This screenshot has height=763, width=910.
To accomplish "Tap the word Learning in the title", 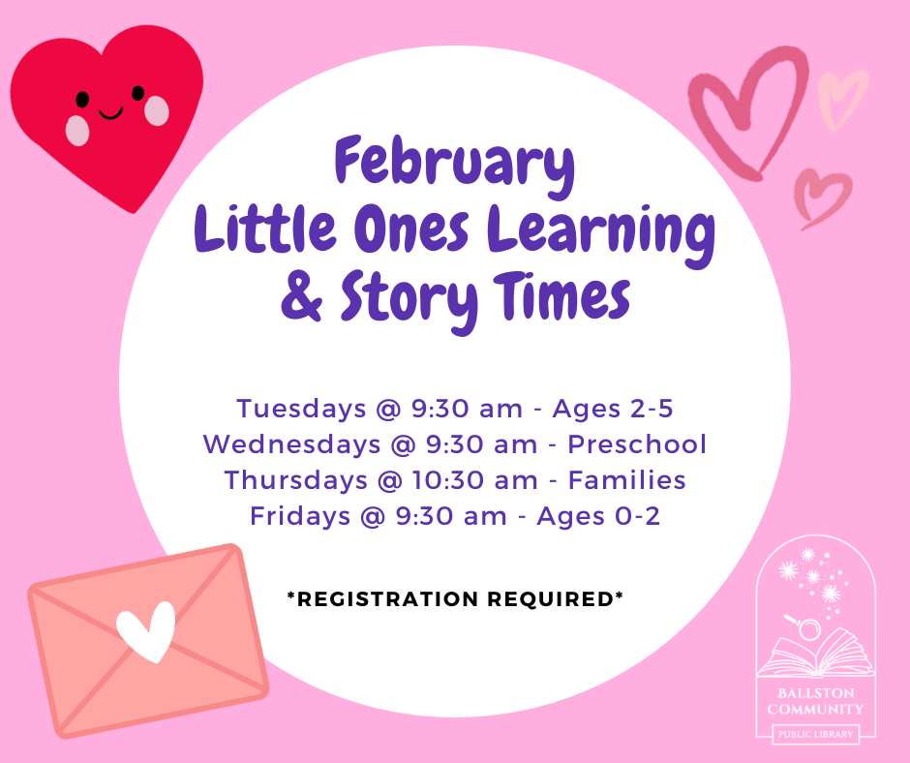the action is (x=601, y=234).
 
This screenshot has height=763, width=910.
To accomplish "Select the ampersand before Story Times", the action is (x=301, y=296).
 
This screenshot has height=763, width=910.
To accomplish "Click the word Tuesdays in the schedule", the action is (x=301, y=409).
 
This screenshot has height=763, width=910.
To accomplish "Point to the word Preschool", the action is (x=637, y=444).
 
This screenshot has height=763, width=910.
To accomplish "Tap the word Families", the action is (x=626, y=480).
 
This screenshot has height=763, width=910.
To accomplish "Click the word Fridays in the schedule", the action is (x=300, y=516).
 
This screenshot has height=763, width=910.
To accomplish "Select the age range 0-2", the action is (x=637, y=516).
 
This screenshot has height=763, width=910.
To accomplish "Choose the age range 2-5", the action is (x=652, y=409).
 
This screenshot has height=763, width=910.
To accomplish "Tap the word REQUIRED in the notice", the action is (x=551, y=598).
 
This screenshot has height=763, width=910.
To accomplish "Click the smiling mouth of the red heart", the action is (x=110, y=113).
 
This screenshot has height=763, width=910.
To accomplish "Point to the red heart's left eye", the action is (x=83, y=100).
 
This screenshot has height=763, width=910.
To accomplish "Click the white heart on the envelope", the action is (x=146, y=631).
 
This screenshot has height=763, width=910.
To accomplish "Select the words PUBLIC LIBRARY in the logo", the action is (x=815, y=734).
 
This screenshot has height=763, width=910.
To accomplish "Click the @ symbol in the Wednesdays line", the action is (x=404, y=445).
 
